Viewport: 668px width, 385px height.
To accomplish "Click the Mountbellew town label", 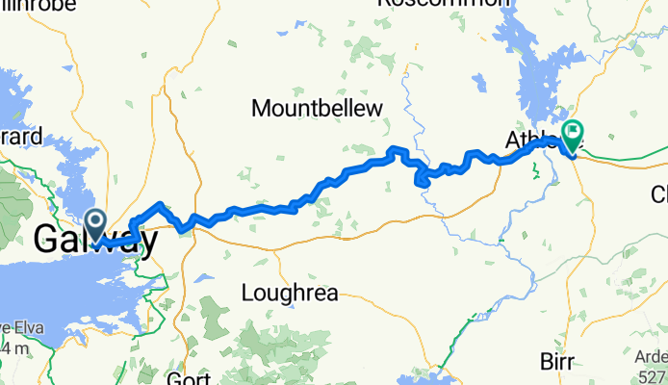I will click(317, 109).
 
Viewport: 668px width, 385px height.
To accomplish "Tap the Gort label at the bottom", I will click(189, 376).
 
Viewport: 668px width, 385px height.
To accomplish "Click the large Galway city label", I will click(94, 240).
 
